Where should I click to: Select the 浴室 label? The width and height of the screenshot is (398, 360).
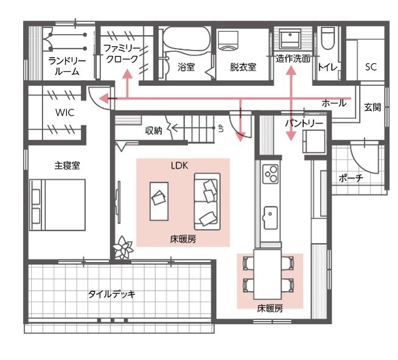point(186,67)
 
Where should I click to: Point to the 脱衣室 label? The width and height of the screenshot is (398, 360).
point(243,67)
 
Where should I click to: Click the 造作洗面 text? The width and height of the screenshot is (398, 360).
point(293,59)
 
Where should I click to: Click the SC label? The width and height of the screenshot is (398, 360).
point(371,67)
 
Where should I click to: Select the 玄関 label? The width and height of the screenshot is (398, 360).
point(372,107)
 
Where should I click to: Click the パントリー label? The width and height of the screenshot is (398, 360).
point(304,123)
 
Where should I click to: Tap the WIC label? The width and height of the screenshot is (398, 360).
point(65,113)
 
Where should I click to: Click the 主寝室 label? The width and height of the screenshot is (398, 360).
point(64,164)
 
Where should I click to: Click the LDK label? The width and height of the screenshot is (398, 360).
point(182,165)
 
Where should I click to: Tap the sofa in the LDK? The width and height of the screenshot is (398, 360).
point(206,200)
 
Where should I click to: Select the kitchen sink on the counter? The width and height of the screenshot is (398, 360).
point(270,215)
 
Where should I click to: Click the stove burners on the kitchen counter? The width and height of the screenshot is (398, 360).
point(270,174)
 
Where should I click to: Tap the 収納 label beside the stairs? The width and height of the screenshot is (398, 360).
point(153,130)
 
